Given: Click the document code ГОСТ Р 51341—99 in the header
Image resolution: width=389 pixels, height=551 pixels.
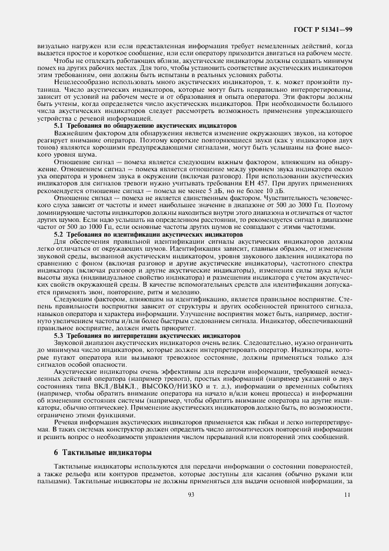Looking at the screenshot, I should click(323, 29).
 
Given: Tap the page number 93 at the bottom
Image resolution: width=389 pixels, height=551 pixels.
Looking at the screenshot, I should click(191, 494).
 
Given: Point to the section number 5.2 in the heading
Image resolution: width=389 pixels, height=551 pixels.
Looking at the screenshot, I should click(59, 234).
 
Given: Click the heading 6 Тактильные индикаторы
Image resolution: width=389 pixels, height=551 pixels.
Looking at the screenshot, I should click(94, 452).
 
